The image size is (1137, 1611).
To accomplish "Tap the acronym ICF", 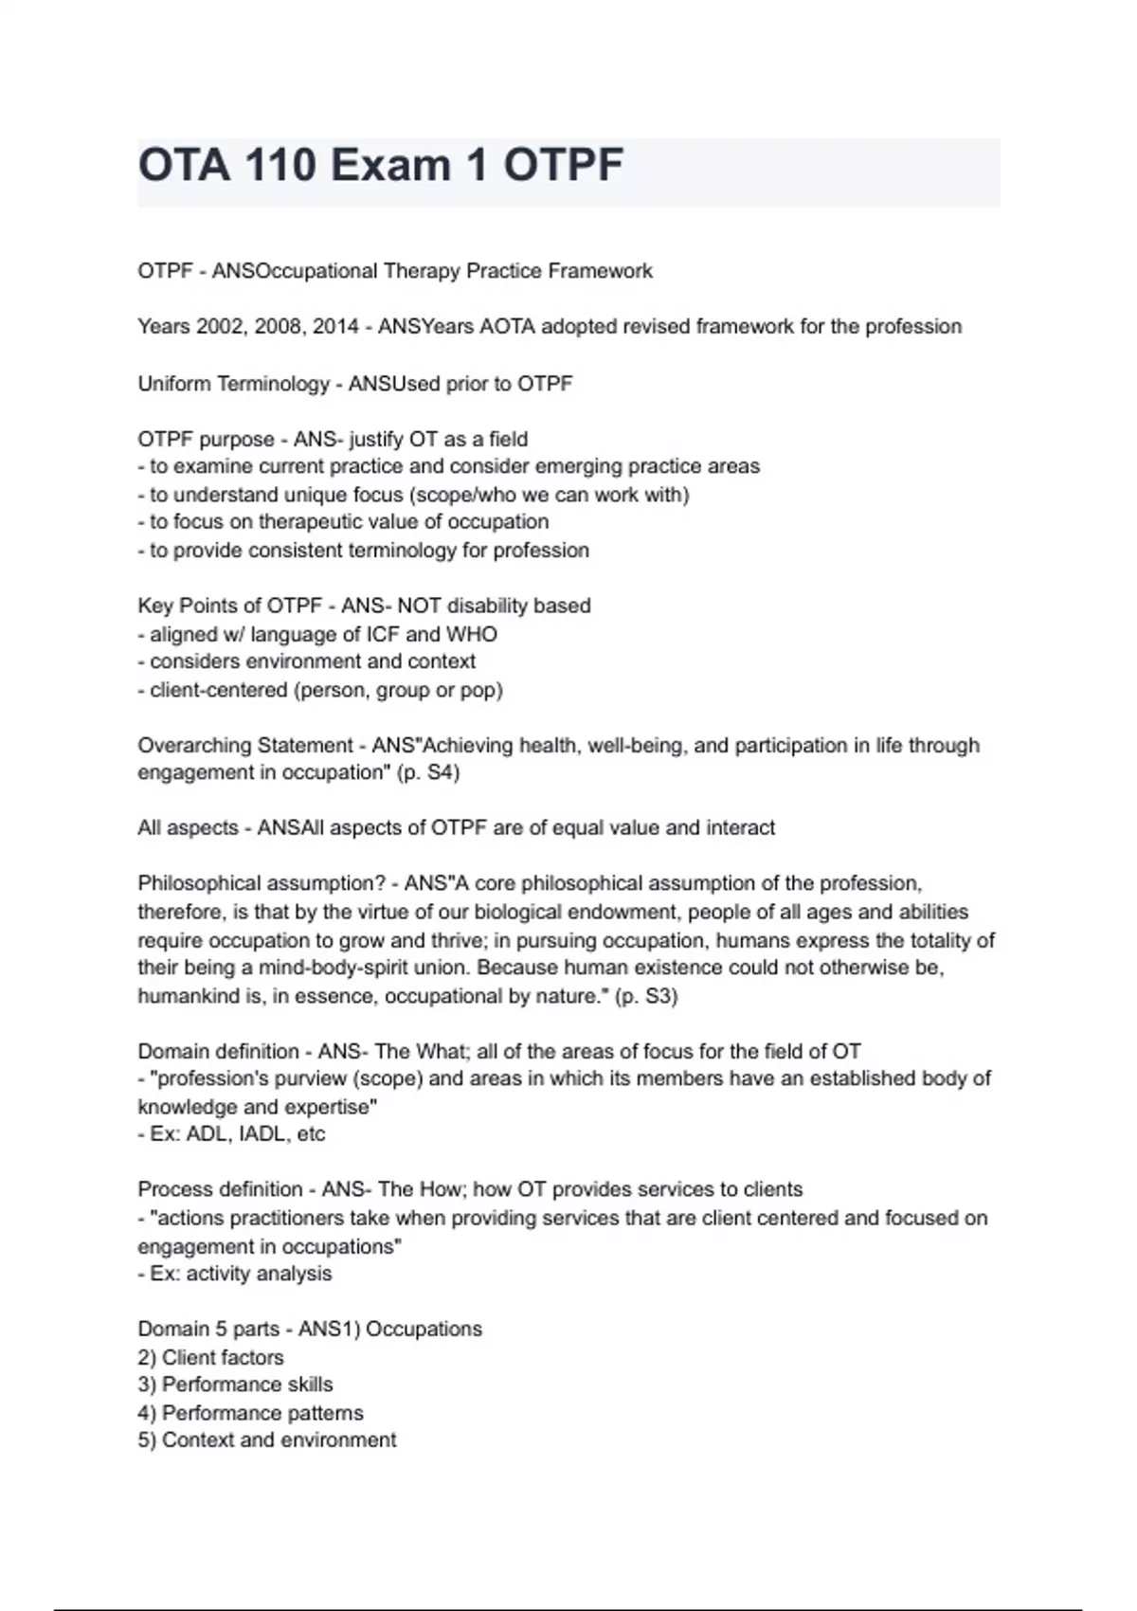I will (383, 634).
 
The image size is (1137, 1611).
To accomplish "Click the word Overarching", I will (192, 746).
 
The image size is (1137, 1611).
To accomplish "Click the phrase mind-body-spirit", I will (364, 968).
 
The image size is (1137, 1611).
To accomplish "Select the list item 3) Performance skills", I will (235, 1385).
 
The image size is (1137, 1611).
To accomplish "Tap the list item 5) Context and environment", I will (266, 1440).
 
